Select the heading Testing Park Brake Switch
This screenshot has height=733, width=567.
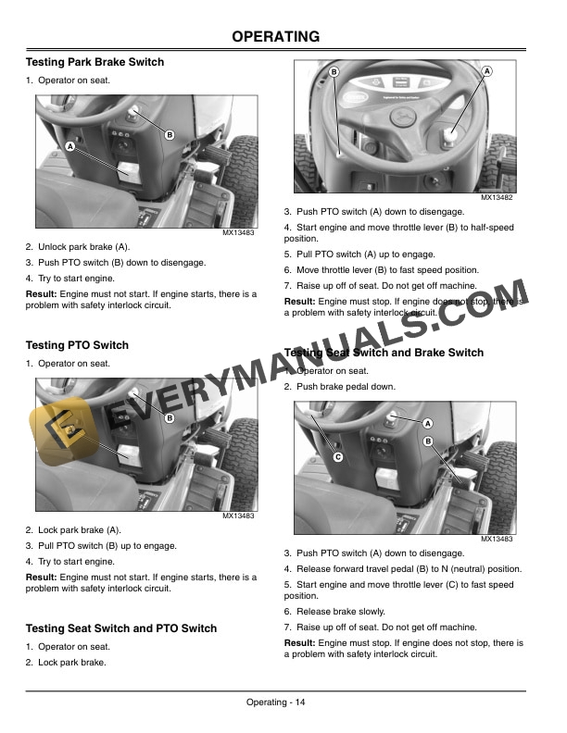[x=94, y=62]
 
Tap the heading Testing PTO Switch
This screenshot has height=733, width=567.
[x=77, y=345]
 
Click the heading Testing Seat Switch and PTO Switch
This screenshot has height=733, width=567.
[x=121, y=628]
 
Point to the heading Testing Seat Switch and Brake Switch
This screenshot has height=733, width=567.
[x=384, y=353]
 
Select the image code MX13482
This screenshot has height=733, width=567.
[x=498, y=198]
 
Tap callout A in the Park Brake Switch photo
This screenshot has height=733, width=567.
[x=70, y=147]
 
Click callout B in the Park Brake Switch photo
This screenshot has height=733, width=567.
[x=170, y=136]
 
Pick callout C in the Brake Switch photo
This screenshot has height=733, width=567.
[x=337, y=457]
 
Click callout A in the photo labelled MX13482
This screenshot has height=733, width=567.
[x=486, y=71]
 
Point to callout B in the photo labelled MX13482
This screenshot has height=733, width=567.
[x=333, y=71]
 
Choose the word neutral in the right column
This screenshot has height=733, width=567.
[x=474, y=568]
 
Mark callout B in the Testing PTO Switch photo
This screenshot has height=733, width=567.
[x=170, y=418]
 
